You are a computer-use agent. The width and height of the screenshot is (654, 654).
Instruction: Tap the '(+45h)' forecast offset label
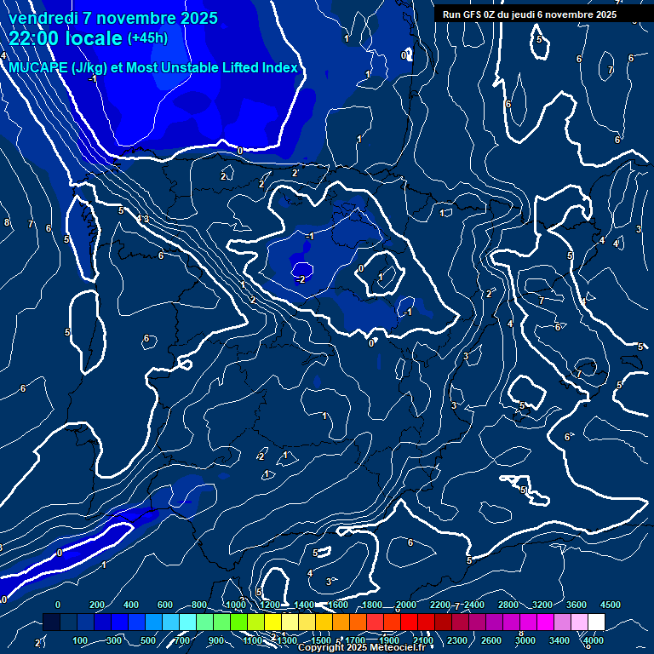coord(147,38)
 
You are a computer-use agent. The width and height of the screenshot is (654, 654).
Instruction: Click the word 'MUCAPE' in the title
coord(38,68)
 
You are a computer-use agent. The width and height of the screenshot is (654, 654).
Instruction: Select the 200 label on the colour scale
coord(97,605)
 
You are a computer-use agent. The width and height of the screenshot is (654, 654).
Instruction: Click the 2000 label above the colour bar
coord(405,605)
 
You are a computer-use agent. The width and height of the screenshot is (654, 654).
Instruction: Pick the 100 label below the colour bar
coord(80,640)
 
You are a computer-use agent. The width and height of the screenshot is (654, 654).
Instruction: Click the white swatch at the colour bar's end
coord(596,622)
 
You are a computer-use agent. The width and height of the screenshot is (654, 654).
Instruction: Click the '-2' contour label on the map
coord(300,279)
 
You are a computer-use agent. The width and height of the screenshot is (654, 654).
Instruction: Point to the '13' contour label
coord(142,220)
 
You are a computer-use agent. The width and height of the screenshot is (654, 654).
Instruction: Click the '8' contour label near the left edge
coord(7,222)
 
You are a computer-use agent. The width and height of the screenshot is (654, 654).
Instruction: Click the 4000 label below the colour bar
coord(594,640)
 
